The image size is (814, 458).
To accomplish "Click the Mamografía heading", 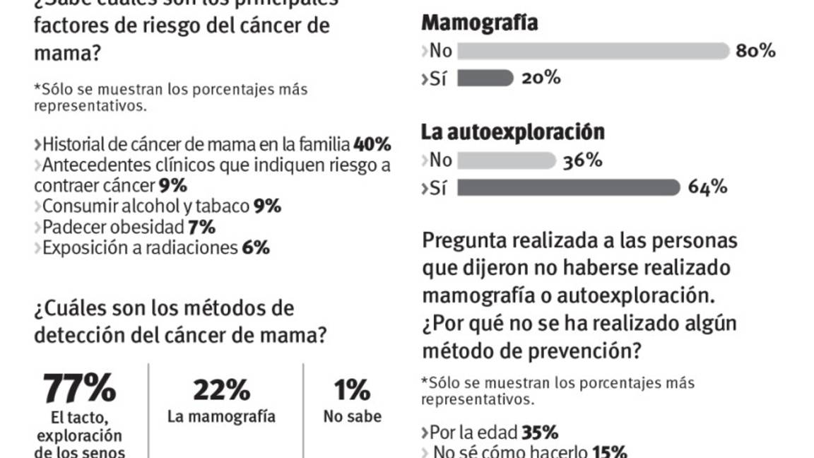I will click(479, 23).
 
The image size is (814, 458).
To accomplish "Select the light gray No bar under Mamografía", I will click(592, 51).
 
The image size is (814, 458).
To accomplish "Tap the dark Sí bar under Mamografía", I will click(485, 78).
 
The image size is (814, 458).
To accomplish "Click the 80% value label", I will click(755, 51).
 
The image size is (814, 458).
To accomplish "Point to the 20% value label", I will click(541, 78).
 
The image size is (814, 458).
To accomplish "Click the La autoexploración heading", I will click(512, 132).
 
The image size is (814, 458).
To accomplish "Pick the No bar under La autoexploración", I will click(507, 160).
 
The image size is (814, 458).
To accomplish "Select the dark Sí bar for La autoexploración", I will click(568, 187).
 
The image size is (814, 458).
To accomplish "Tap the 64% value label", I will click(707, 187).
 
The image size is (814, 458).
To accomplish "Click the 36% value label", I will click(582, 160).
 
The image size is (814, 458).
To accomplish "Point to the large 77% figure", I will click(79, 388).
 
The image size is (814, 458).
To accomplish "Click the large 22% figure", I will click(221, 389).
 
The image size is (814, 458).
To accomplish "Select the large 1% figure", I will click(352, 389).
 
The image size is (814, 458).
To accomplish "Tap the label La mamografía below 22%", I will click(221, 416).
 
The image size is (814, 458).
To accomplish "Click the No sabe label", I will click(352, 416).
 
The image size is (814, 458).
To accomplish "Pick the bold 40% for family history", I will click(372, 144).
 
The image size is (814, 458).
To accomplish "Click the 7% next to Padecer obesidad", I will click(201, 227).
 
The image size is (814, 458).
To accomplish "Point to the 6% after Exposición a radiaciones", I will click(255, 247).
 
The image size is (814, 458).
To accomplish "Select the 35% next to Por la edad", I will click(540, 432).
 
